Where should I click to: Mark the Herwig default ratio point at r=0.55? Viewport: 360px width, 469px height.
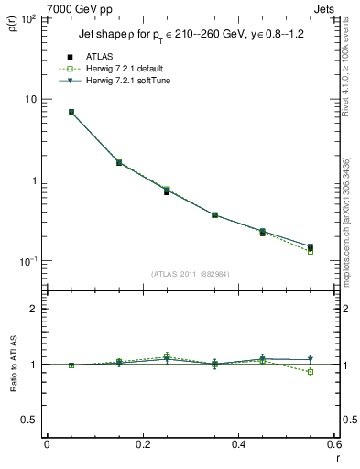[311, 372]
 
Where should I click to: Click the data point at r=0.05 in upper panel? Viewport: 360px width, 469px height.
[71, 112]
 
